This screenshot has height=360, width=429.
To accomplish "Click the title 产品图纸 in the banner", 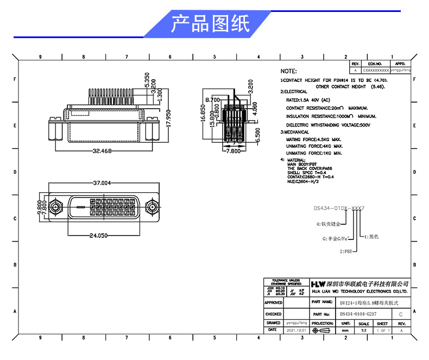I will (210, 24).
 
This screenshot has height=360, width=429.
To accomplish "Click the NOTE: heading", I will (288, 71).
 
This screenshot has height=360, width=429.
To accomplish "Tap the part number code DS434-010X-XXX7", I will (342, 208).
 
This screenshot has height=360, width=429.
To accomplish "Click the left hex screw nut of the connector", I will (54, 207).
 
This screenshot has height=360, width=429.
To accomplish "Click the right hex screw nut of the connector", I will (154, 207).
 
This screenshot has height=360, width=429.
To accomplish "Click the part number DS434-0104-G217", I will (358, 314).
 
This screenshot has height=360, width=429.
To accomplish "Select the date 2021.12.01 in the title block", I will (296, 330).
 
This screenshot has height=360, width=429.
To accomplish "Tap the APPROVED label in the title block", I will (273, 302).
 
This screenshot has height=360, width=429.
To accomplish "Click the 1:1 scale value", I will (363, 330).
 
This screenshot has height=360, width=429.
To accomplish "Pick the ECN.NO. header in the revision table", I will (375, 64).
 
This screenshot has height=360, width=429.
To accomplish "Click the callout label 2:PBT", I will (346, 251).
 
